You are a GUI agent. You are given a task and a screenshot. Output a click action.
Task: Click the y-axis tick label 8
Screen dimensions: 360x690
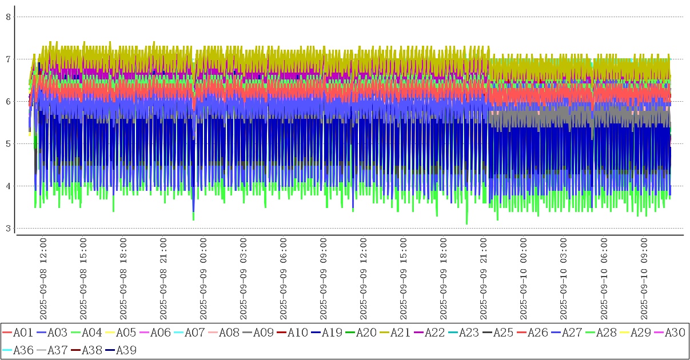point(9,17)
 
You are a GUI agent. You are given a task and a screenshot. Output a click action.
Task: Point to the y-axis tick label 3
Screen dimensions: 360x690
point(9,229)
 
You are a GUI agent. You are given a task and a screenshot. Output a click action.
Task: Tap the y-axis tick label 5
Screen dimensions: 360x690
point(9,144)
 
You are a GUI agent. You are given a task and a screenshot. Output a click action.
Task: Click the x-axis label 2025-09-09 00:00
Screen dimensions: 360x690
point(204,279)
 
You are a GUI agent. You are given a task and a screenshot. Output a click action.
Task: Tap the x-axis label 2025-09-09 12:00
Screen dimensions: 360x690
point(364,279)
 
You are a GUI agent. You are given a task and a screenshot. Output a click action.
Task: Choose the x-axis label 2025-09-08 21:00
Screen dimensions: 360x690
point(163,279)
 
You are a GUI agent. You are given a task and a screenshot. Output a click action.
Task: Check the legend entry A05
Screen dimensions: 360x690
point(126,333)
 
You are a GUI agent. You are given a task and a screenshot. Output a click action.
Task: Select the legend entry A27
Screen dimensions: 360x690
point(572,333)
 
